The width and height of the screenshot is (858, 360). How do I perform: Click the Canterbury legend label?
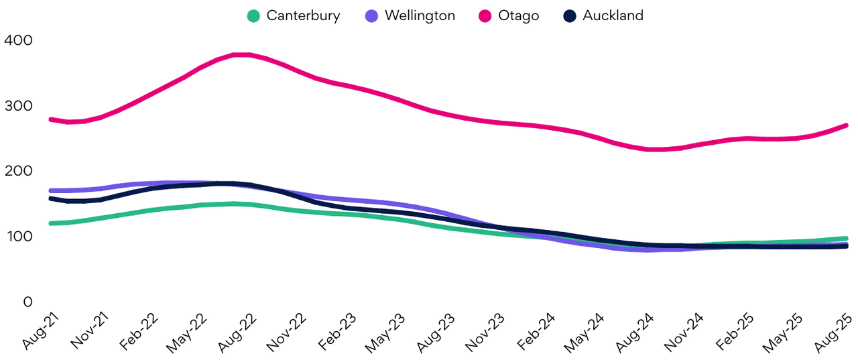point(303,15)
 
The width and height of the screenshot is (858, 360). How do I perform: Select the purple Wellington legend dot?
point(373,15)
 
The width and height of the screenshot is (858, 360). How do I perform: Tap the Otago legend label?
point(518,15)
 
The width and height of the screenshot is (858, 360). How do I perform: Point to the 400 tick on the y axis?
point(18,40)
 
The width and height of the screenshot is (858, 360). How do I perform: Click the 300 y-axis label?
point(18,106)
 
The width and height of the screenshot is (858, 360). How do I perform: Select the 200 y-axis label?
point(18,171)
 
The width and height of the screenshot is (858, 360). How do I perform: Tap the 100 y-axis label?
point(18,237)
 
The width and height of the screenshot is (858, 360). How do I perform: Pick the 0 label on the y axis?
point(27,302)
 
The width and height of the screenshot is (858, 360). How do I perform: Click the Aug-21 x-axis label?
point(39,331)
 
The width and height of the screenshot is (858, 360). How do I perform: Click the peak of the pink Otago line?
point(241,54)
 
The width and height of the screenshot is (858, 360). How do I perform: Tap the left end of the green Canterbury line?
point(51,223)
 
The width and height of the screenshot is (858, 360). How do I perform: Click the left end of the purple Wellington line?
point(51,190)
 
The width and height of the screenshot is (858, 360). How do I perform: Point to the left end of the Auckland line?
point(51,198)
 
